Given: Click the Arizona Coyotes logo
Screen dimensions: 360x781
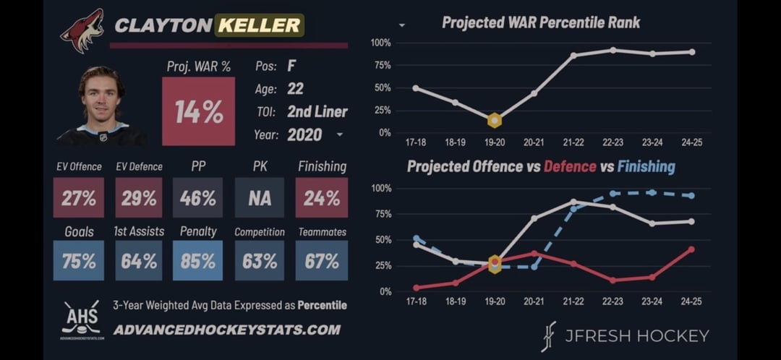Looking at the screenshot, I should click(82, 30).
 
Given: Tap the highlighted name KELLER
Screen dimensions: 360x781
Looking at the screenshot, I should click(259, 25).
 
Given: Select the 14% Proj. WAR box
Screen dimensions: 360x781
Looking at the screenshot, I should click(198, 111).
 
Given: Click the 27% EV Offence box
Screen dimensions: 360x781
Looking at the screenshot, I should click(79, 198).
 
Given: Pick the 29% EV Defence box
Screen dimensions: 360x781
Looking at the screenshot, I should click(139, 198).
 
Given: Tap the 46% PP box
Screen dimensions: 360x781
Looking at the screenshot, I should click(198, 198).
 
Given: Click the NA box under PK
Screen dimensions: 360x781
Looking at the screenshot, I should click(260, 198).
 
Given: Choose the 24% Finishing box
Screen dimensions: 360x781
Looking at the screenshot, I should click(322, 198).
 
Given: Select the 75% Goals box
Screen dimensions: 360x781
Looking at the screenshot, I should click(79, 261).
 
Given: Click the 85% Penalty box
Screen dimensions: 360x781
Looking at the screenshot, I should click(198, 261).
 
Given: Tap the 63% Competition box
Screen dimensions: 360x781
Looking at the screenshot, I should click(260, 261).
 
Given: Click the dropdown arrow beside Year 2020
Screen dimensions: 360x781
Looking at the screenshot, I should click(339, 135).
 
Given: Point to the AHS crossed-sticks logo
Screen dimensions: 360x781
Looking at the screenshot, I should click(81, 318).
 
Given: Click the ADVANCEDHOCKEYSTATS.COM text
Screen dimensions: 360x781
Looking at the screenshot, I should click(226, 330).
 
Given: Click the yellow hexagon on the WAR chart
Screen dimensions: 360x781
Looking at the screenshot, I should click(495, 120).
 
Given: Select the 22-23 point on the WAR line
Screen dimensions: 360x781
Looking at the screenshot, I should click(613, 50).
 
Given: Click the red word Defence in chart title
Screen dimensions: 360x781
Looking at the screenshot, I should click(570, 167).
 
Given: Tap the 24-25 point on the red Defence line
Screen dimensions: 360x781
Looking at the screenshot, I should click(691, 249).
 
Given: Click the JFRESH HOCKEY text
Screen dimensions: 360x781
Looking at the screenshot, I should click(637, 335).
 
